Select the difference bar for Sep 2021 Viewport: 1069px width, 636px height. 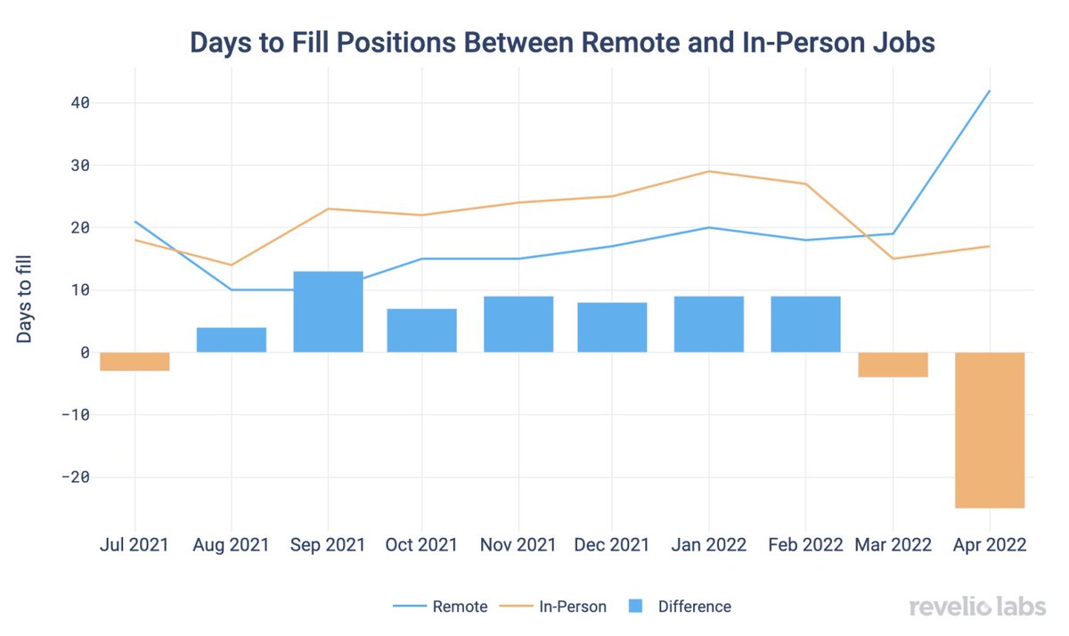(x=328, y=312)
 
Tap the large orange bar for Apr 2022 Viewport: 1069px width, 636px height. (x=990, y=429)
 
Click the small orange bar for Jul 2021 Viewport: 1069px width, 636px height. (x=135, y=361)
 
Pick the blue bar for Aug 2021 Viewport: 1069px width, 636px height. (x=232, y=339)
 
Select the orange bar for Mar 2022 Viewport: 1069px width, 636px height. (x=893, y=364)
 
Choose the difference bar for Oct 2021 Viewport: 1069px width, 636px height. (x=421, y=330)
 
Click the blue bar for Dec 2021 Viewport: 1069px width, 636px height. (x=612, y=327)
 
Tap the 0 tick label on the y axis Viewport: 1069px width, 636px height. (x=84, y=352)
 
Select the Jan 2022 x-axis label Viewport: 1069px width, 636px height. (x=709, y=544)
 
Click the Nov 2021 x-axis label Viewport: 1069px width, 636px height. (x=518, y=544)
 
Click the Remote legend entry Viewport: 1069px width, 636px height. (x=440, y=607)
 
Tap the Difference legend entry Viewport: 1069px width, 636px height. (x=681, y=607)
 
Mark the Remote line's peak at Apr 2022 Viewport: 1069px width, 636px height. (x=989, y=91)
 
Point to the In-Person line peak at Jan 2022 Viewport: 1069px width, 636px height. (x=709, y=171)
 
